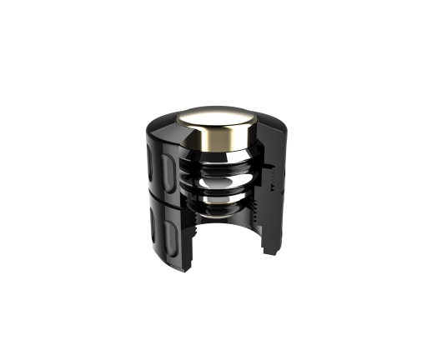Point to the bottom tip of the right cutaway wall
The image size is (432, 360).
[272, 252]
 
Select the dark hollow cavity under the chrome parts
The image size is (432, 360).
[225, 237]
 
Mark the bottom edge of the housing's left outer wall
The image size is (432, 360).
[167, 254]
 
